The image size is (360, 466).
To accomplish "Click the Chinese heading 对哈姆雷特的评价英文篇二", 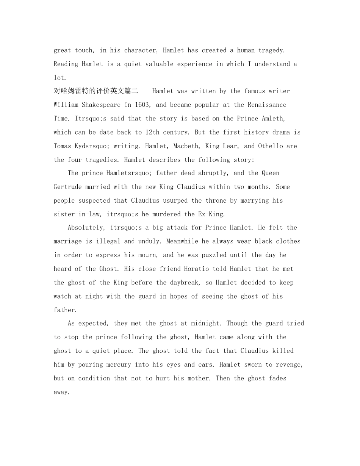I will point(96,91).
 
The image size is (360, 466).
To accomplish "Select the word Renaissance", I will point(267,105).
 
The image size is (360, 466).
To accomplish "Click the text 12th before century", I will point(154,132).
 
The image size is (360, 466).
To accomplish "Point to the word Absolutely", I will point(85,228).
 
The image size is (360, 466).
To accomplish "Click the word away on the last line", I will point(61,392).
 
